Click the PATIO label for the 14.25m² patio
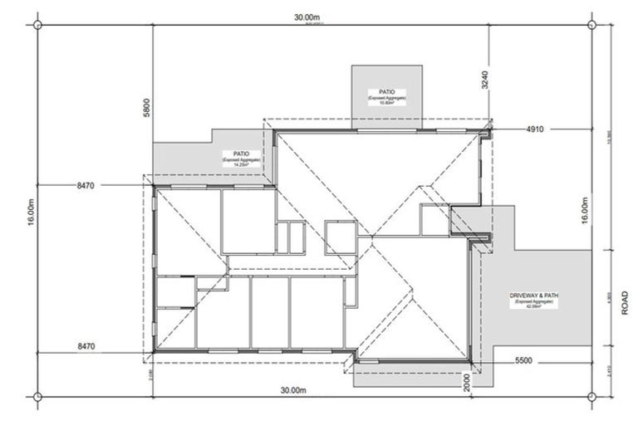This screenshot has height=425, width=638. (x=241, y=153)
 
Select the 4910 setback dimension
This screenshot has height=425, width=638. (x=533, y=129)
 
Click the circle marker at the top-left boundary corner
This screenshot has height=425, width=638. (x=37, y=24)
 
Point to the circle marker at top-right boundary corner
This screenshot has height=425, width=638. (x=592, y=24)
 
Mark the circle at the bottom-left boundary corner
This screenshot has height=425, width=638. (x=37, y=396)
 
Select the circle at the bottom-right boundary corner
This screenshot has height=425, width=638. (x=592, y=396)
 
